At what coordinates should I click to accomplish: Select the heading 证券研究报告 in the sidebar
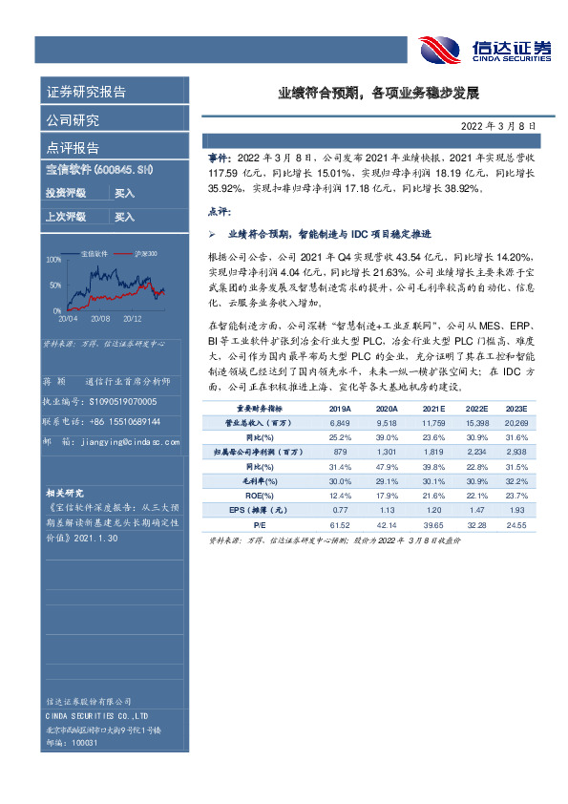point(86,93)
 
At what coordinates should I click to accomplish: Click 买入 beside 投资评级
point(124,193)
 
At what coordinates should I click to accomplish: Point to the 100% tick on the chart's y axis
point(53,259)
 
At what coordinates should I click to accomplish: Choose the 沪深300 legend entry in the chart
point(145,253)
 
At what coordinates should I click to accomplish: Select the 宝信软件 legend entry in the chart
point(95,253)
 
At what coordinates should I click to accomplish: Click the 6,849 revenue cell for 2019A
point(341,421)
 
